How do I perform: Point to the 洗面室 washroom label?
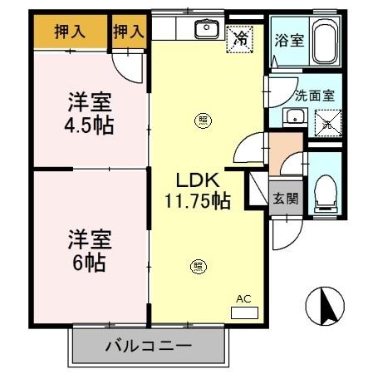tap(315, 95)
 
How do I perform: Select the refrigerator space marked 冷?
tap(241, 37)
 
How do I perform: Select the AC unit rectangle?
tap(244, 312)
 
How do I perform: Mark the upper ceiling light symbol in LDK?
tap(201, 121)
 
